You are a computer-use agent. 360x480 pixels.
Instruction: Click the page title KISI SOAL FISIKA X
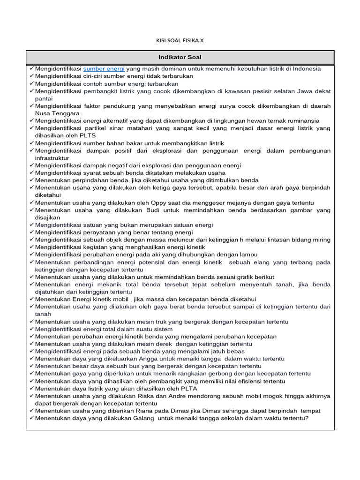(x=180, y=40)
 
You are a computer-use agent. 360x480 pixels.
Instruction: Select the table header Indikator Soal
(x=180, y=57)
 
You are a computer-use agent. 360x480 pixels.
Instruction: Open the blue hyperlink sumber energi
(x=104, y=68)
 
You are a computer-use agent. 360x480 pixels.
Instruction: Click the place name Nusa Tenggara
(x=57, y=113)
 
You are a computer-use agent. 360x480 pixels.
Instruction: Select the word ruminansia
(x=302, y=120)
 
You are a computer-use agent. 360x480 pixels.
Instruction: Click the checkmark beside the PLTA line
(x=31, y=389)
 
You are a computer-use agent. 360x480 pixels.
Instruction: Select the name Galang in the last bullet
(x=142, y=418)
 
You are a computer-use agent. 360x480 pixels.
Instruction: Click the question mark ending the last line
(x=307, y=418)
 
